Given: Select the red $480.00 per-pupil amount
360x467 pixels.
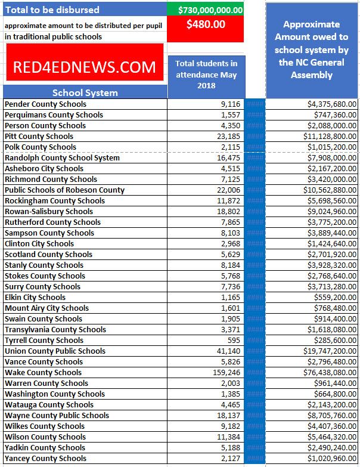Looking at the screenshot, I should pyautogui.click(x=206, y=25).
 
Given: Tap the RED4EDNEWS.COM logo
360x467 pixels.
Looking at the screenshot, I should pyautogui.click(x=84, y=67).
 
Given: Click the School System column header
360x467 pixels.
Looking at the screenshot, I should pyautogui.click(x=85, y=92).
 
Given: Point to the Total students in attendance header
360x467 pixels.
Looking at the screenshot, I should pyautogui.click(x=206, y=74).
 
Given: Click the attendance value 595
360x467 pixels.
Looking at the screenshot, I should pyautogui.click(x=233, y=340).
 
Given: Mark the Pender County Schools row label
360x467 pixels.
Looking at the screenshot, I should pyautogui.click(x=45, y=104).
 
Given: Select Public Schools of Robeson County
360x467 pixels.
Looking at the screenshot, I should pyautogui.click(x=64, y=190).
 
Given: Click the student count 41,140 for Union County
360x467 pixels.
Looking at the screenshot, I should pyautogui.click(x=226, y=351).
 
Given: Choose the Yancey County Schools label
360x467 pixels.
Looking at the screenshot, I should pyautogui.click(x=45, y=458).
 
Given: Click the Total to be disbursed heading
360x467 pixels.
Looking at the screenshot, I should pyautogui.click(x=52, y=10).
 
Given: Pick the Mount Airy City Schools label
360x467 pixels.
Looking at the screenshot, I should pyautogui.click(x=46, y=308).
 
